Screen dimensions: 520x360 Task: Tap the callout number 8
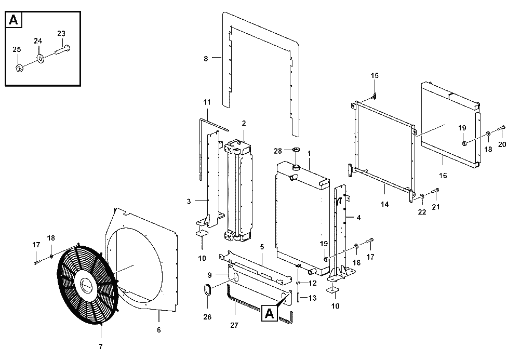point(206,59)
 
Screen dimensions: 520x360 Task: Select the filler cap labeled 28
point(296,150)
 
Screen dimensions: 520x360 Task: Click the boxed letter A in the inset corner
point(14,20)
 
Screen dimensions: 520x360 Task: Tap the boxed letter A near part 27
point(270,313)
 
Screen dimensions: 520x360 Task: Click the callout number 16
point(443,176)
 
